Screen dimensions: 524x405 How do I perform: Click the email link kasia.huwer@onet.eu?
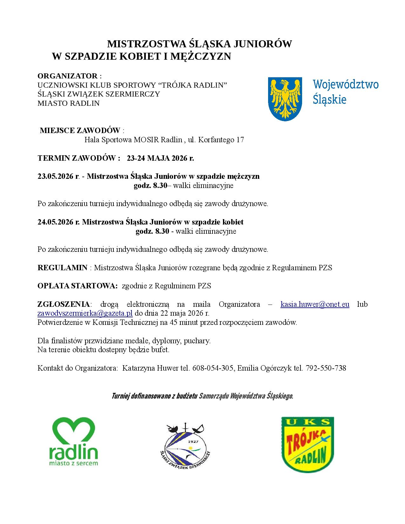[x=315, y=304]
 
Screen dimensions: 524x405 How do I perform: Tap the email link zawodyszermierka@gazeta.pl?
[x=85, y=313]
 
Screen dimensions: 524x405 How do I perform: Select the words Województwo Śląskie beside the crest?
[x=345, y=92]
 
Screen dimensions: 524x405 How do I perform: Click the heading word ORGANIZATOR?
[x=67, y=76]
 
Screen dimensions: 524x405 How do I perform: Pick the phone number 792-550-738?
[x=326, y=368]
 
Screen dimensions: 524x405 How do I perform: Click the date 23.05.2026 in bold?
[x=56, y=177]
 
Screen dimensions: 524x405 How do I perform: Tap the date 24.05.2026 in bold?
[x=56, y=222]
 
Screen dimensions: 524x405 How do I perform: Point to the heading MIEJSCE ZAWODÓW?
[x=80, y=131]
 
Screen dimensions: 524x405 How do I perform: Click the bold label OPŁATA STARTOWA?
[x=78, y=286]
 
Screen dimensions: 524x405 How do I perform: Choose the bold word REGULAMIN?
[x=62, y=268]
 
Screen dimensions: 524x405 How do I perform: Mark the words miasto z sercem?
[x=73, y=463]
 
